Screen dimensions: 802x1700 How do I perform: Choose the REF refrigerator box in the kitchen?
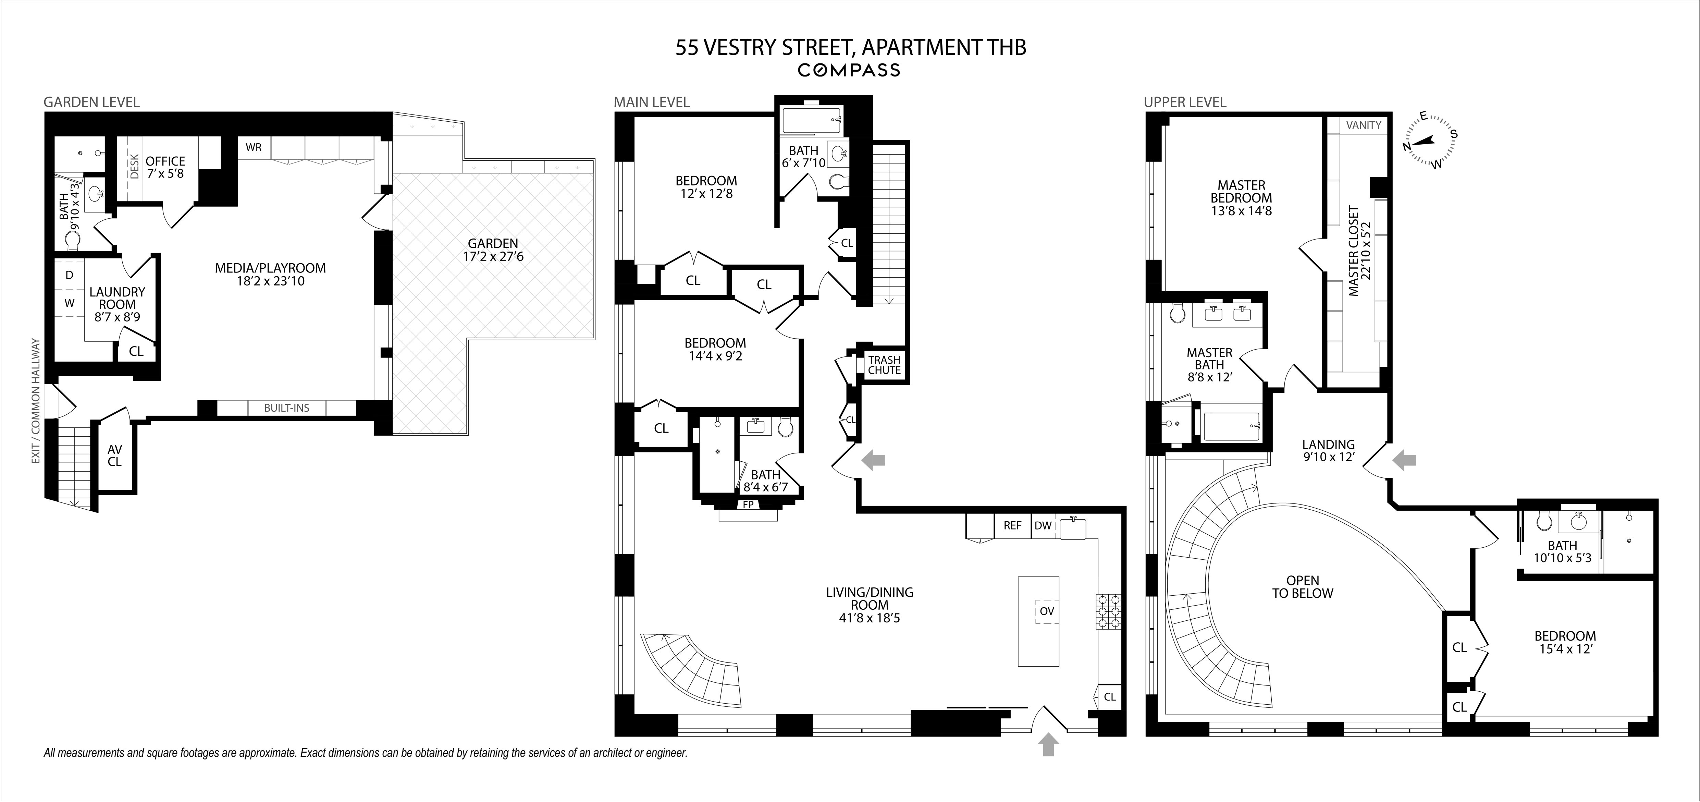click(1012, 525)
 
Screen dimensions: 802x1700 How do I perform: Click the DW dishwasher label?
click(1043, 525)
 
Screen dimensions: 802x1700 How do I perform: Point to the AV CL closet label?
click(115, 455)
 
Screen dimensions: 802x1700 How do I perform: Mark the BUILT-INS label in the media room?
click(286, 408)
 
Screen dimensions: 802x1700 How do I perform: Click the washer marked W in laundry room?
click(69, 303)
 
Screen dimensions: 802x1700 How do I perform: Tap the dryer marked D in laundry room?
click(69, 275)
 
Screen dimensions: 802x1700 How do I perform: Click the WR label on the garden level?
click(254, 147)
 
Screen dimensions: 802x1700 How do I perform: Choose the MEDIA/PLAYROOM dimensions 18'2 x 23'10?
click(271, 281)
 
